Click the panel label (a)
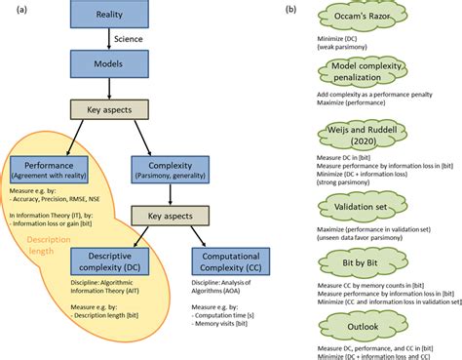coord(12,10)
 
